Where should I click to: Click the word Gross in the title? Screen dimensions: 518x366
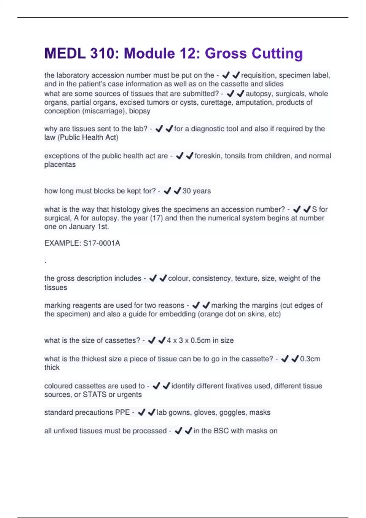click(x=225, y=53)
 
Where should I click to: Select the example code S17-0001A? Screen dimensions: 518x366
click(x=102, y=243)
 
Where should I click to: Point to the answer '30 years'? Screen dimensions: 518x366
click(x=196, y=191)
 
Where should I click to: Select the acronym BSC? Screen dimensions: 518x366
click(x=221, y=431)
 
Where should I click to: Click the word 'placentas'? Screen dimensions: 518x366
click(x=60, y=165)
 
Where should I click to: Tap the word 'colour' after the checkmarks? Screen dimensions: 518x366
click(x=178, y=279)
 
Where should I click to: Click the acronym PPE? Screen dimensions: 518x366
click(x=123, y=413)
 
